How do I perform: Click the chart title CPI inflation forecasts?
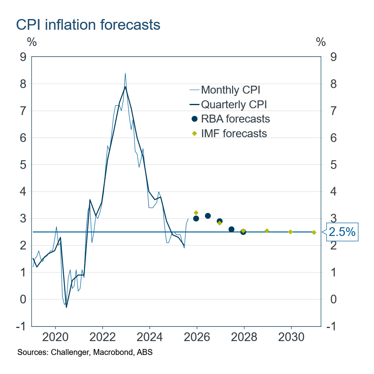pos(88,25)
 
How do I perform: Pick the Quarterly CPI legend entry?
pos(234,104)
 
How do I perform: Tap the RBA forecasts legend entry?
pos(236,119)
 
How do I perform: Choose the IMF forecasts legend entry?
pos(234,133)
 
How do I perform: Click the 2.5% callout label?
pos(342,232)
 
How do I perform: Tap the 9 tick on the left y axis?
pos(23,57)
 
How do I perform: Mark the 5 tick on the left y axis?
pos(23,165)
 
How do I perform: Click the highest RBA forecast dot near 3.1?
pos(208,216)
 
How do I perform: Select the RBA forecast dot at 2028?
pos(243,232)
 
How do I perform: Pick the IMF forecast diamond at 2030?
pos(290,232)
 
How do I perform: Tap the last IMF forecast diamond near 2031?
pos(314,232)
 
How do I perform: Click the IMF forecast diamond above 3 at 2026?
pos(196,213)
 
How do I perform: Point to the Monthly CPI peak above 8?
pos(125,73)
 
